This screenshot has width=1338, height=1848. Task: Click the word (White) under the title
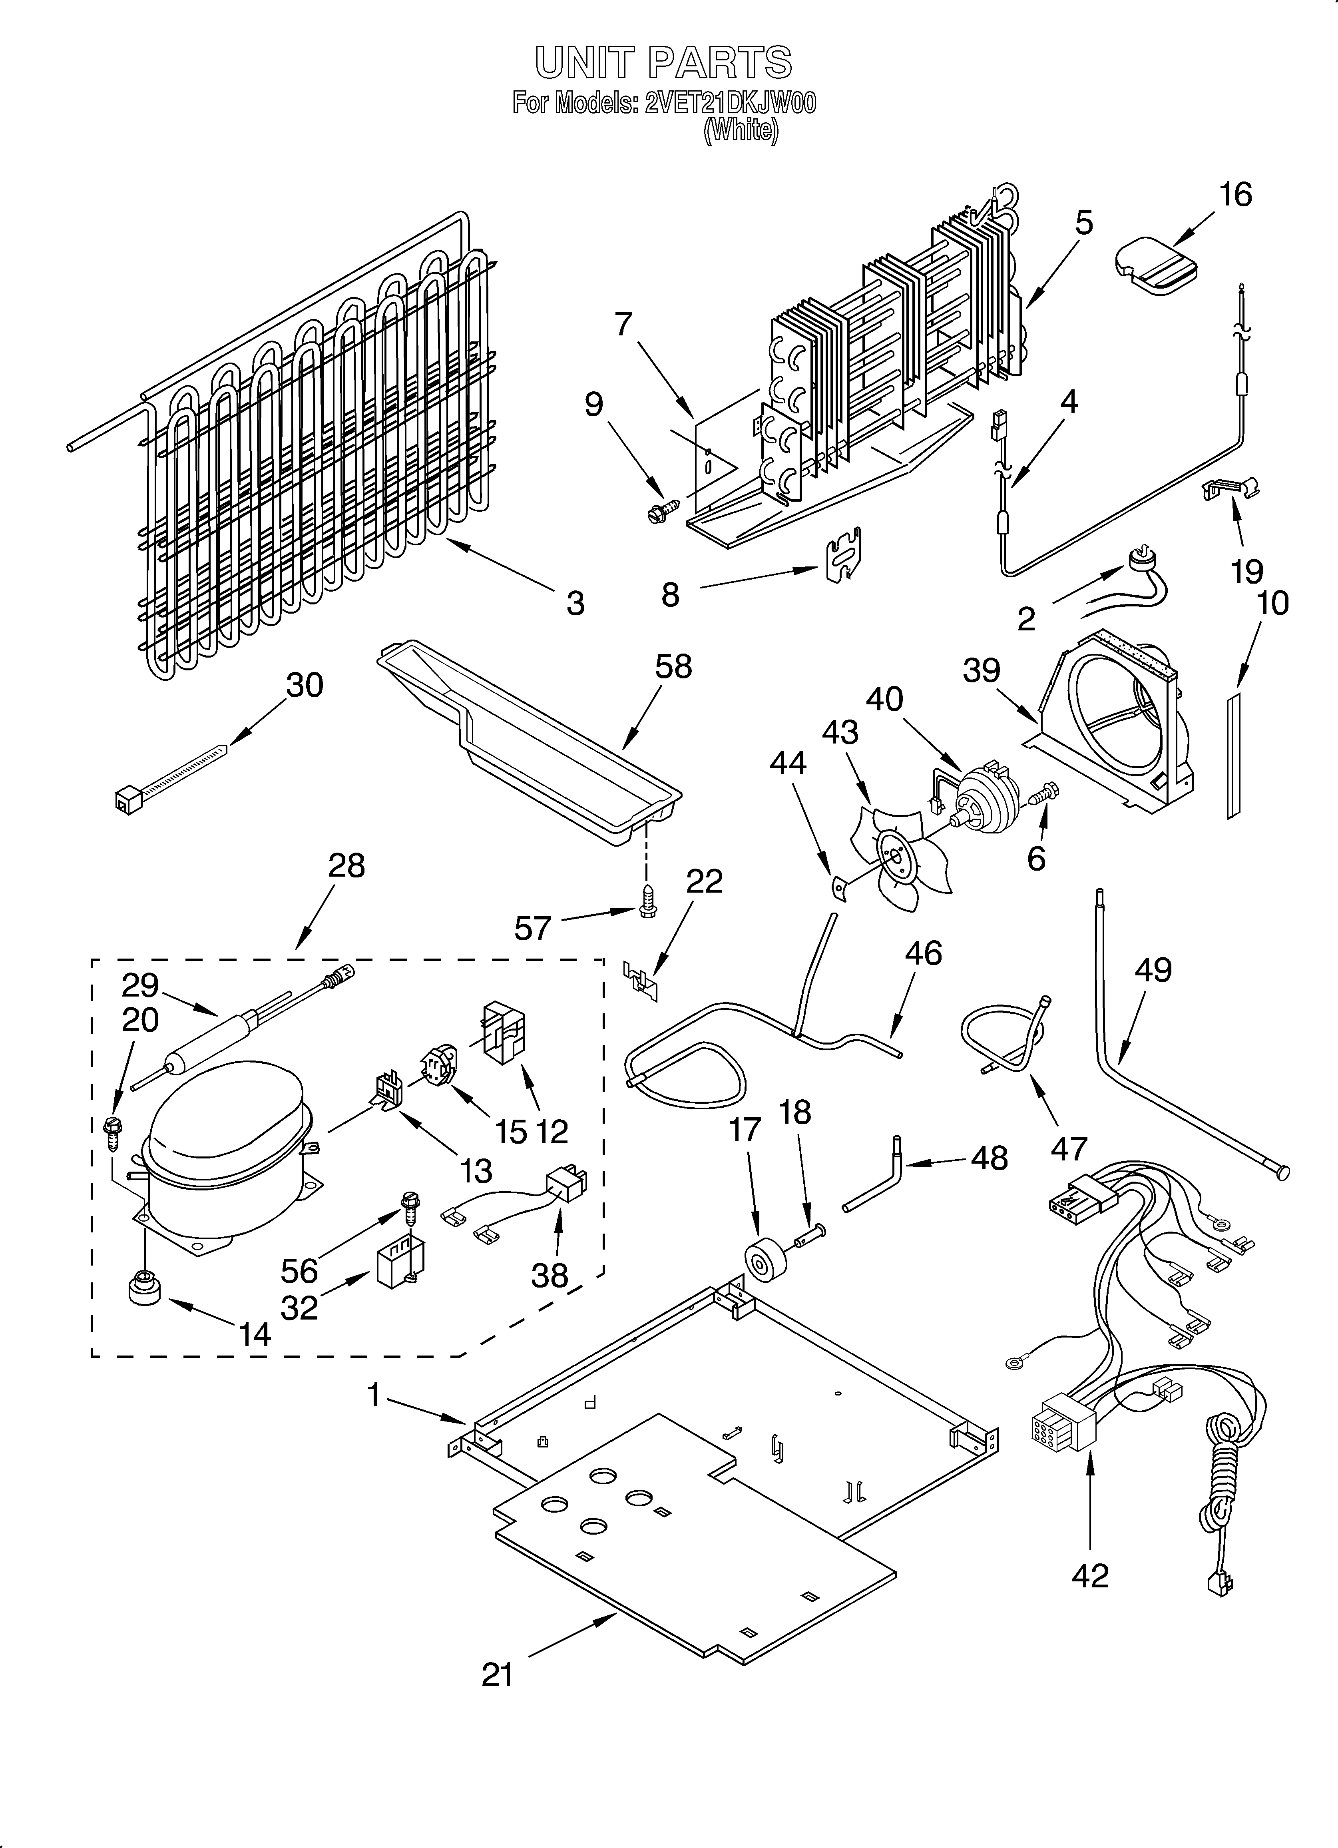pos(740,130)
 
